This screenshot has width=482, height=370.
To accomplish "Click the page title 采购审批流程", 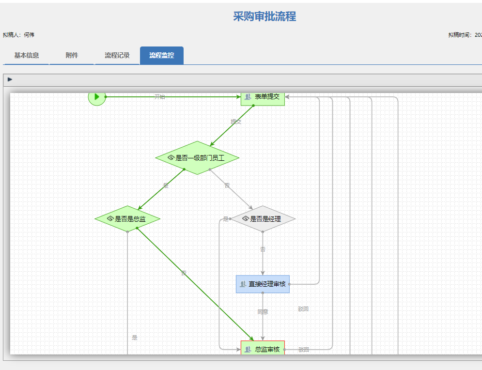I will pos(264,17).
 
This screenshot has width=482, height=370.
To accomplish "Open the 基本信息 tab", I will pos(26,56).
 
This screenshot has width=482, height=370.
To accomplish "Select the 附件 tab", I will pos(72,56).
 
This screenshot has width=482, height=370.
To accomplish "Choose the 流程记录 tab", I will pos(117,56).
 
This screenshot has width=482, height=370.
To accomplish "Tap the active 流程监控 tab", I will pos(162,56).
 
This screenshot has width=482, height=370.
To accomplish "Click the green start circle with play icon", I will pos(97,97).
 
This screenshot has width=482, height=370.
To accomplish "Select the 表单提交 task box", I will pos(263,97).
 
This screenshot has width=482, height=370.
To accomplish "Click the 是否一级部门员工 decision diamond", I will pos(197,158).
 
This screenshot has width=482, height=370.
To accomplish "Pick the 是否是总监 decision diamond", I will pos(127,219).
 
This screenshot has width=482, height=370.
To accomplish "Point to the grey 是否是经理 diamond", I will pos(263,219).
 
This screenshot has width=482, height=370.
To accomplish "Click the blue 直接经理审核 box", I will pos(263,284).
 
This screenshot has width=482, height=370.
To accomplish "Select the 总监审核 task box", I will pos(263,349).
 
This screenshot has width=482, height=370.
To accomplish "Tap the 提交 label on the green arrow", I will pos(236,122).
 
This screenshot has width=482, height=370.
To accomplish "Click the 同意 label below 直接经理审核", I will pos(263,312).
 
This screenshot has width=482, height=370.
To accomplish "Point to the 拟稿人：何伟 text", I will pos(19,35).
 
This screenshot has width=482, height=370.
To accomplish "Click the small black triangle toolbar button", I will pos(10,79).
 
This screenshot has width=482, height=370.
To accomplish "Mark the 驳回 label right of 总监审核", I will pos(303,349).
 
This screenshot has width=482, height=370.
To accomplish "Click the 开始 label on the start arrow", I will pos(159,97).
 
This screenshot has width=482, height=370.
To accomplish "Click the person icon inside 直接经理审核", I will pos(243,284).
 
